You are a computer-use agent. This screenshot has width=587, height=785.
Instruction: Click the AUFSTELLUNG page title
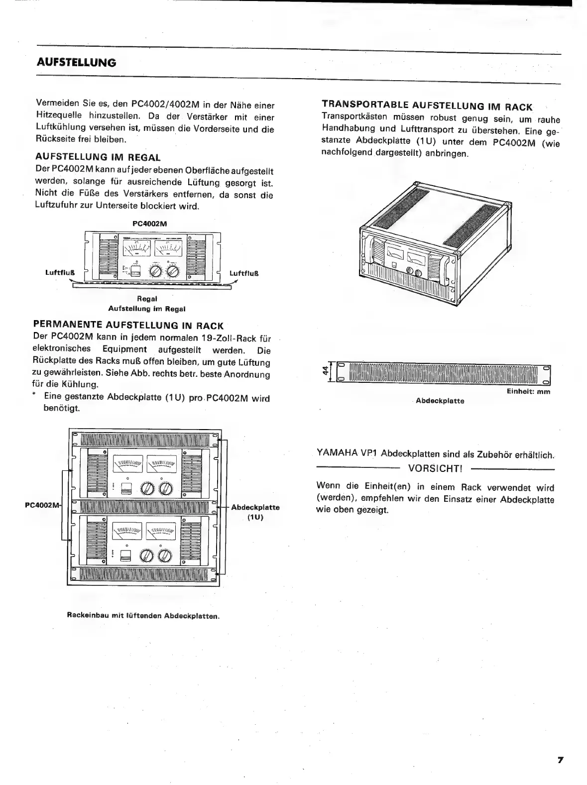point(76,63)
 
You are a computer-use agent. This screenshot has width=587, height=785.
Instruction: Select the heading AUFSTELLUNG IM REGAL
point(98,157)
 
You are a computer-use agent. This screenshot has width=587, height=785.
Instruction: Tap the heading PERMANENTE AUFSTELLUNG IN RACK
point(128,326)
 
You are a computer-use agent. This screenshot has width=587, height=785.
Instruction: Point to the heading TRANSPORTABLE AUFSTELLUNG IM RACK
point(427,106)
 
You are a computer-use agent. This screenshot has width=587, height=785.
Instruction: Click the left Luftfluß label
point(60,273)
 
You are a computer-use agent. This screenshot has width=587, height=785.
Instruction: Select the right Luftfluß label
point(243,273)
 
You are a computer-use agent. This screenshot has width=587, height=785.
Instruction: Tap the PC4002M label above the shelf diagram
point(152,224)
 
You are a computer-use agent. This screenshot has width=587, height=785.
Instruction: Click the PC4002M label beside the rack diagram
point(42,505)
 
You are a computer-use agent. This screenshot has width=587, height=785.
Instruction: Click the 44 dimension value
point(326,371)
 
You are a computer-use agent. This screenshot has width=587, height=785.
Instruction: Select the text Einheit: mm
point(528,392)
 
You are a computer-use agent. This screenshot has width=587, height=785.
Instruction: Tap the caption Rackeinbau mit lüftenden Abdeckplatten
point(143,616)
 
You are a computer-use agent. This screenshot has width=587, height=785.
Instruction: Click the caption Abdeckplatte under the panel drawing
point(440,401)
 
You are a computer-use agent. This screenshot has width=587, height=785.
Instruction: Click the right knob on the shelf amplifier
point(173,271)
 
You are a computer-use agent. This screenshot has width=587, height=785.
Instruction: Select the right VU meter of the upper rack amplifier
point(163,465)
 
